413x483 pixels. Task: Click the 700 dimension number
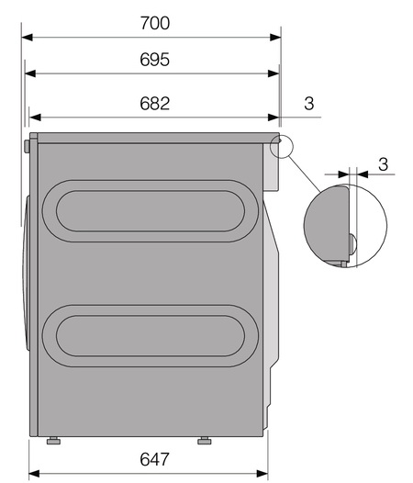(x=155, y=23)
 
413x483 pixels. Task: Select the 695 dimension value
(x=154, y=60)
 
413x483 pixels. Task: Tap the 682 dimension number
(x=154, y=104)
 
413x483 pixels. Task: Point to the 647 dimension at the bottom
(x=154, y=459)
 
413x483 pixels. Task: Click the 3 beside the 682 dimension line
(x=309, y=104)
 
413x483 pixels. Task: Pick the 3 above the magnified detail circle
(x=383, y=164)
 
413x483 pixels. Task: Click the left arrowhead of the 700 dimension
(x=28, y=38)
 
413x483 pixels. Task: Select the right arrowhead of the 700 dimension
(x=275, y=38)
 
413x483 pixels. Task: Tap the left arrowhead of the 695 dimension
(x=30, y=73)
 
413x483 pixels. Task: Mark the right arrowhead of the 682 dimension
(x=273, y=118)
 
